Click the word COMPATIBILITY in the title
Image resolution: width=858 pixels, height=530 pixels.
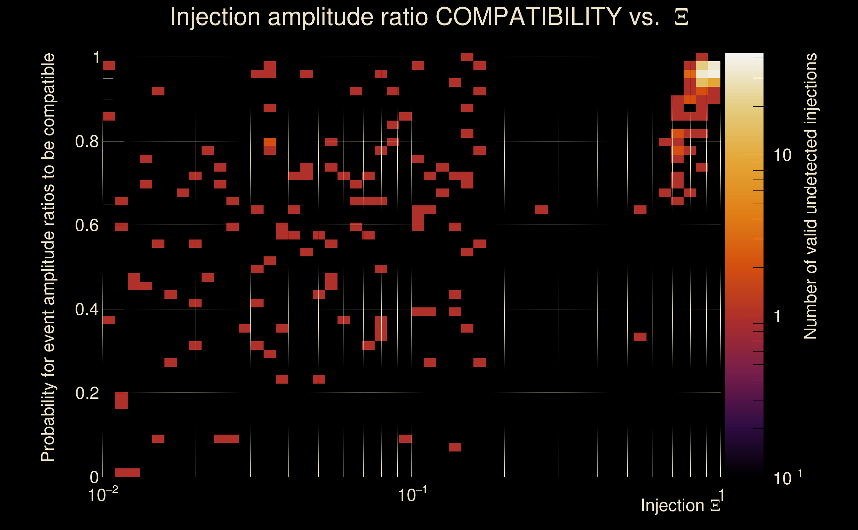528,17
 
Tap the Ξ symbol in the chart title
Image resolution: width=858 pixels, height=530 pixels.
681,17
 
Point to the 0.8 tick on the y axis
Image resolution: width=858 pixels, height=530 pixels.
87,142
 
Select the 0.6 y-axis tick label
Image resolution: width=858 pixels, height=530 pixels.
87,225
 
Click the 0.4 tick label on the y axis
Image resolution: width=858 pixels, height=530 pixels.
87,309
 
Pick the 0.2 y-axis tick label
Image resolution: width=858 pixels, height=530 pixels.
87,393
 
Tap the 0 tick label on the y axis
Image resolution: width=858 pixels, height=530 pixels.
94,477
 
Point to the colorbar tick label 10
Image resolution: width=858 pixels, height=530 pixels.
782,155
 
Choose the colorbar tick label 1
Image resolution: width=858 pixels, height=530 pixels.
777,316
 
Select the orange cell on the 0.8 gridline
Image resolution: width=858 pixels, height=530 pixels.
270,142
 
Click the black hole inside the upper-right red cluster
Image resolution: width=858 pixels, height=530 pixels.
690,108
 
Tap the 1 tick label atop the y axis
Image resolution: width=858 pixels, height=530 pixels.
96,58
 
